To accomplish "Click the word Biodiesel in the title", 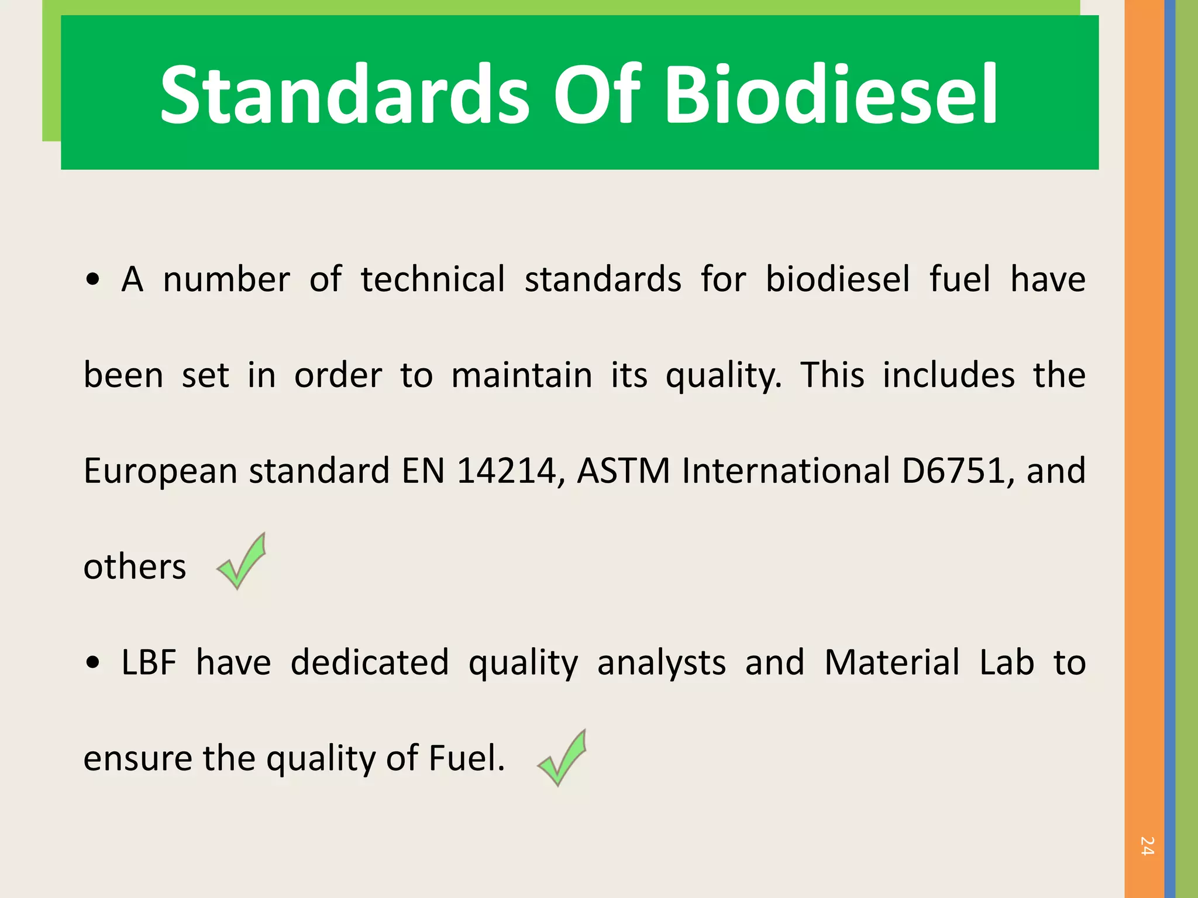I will pos(831,95).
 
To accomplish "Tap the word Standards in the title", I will pos(345,95).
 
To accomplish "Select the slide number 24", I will pos(1147,846).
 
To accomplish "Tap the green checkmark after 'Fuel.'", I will pos(562,758).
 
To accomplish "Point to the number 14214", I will pos(506,471).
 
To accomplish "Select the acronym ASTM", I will pos(624,471).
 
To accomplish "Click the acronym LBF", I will pos(149,663).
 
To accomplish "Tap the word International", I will pos(786,471).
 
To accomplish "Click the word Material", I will pos(891,663).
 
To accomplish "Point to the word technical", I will pos(433,279).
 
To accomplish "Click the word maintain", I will pos(522,375).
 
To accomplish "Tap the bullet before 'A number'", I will pos(92,279).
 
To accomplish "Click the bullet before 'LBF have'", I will pos(92,663).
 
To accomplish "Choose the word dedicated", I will pos(370,663).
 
